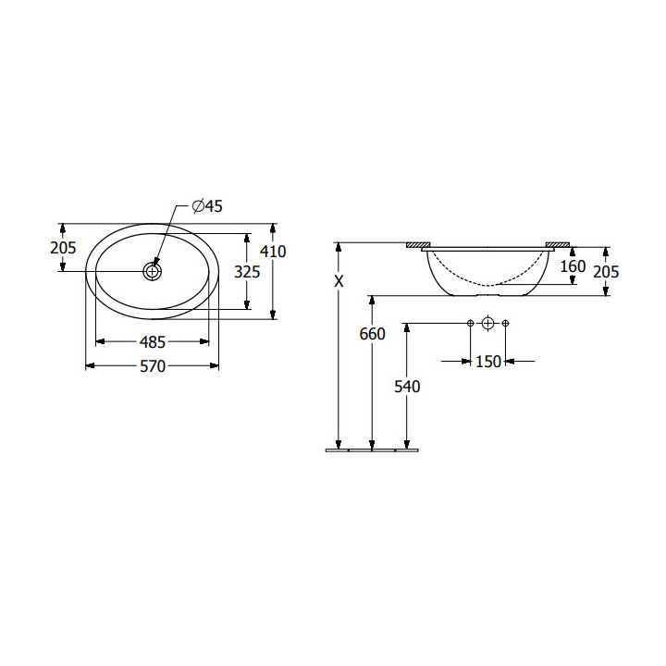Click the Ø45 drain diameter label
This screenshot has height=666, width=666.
(207, 206)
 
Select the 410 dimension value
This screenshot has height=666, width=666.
(273, 252)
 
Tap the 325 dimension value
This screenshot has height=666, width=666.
(247, 272)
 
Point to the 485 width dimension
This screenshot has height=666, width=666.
(152, 342)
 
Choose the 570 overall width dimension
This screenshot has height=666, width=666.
(153, 366)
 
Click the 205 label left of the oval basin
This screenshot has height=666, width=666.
(63, 248)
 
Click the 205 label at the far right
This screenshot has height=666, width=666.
(606, 271)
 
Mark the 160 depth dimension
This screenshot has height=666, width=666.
(573, 266)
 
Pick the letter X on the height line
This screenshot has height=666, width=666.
(339, 281)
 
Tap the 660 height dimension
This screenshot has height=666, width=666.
(372, 334)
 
